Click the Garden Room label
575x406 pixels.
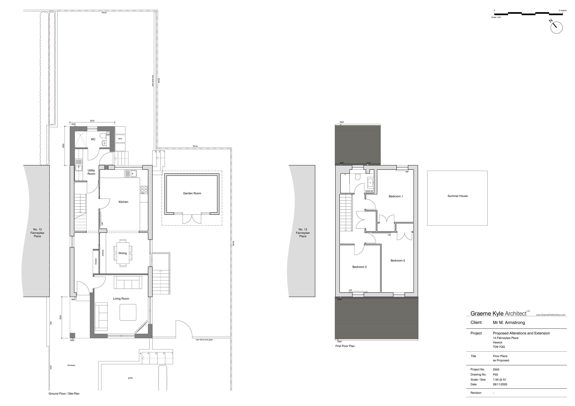pyautogui.click(x=192, y=193)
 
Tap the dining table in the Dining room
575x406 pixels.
pyautogui.click(x=123, y=253)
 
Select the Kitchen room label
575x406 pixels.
pyautogui.click(x=123, y=202)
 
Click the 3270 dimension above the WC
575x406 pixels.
pyautogui.click(x=92, y=121)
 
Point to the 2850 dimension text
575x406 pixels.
pyautogui.click(x=63, y=146)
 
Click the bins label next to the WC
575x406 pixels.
pyautogui.click(x=120, y=139)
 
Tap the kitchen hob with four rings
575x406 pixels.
pyautogui.click(x=144, y=190)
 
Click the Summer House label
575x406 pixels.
pyautogui.click(x=457, y=196)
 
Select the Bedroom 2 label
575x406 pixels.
pyautogui.click(x=359, y=267)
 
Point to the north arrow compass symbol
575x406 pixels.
pyautogui.click(x=556, y=28)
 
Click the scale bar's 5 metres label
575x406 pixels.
pyautogui.click(x=563, y=11)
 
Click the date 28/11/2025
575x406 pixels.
pyautogui.click(x=500, y=384)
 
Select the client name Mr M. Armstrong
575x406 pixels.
pyautogui.click(x=509, y=323)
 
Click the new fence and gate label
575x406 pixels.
pyautogui.click(x=204, y=340)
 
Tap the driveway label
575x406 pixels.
pyautogui.click(x=71, y=365)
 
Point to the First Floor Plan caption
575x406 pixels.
pyautogui.click(x=345, y=346)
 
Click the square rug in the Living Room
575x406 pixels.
pyautogui.click(x=128, y=312)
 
